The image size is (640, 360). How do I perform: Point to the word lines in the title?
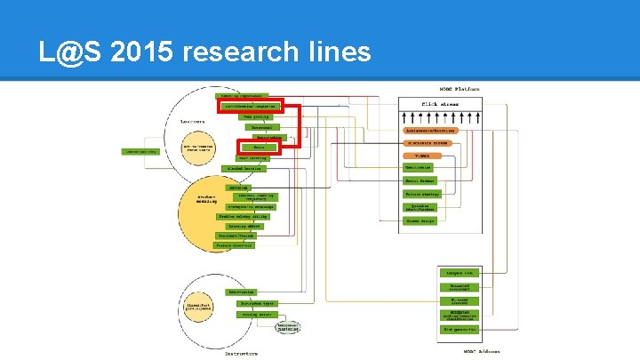point(340,52)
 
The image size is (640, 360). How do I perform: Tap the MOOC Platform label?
point(460,90)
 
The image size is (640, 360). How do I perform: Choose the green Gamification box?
point(418,167)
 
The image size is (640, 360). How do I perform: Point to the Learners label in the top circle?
point(194,124)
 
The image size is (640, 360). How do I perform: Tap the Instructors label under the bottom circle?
point(239,353)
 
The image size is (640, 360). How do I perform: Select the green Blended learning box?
point(242,168)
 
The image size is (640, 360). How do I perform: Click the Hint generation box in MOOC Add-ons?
point(460,329)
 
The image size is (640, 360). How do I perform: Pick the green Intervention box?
point(242,292)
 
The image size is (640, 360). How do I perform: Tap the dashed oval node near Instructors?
point(286,328)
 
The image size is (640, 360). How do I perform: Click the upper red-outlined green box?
point(250,105)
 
